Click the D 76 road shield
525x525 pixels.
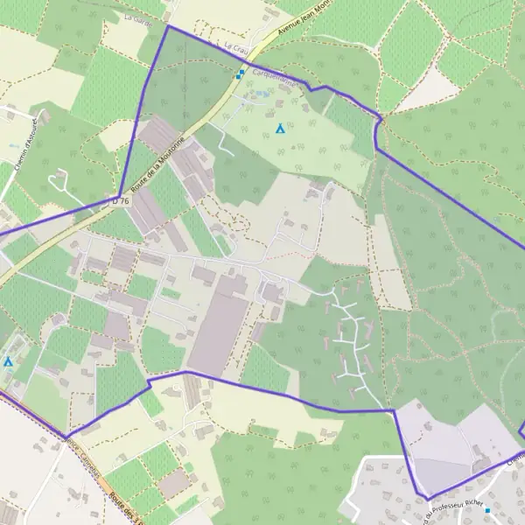[x=121, y=200]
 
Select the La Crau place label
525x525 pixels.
[x=236, y=45]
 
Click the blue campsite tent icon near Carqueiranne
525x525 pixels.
[x=279, y=129]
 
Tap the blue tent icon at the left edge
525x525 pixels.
[x=8, y=360]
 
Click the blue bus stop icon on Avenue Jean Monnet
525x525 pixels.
[x=240, y=73]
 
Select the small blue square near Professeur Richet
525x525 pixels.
[x=487, y=509]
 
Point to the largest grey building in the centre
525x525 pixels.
[x=220, y=323]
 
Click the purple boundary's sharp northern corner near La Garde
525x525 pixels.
[x=167, y=26]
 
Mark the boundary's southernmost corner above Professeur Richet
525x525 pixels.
[x=427, y=500]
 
